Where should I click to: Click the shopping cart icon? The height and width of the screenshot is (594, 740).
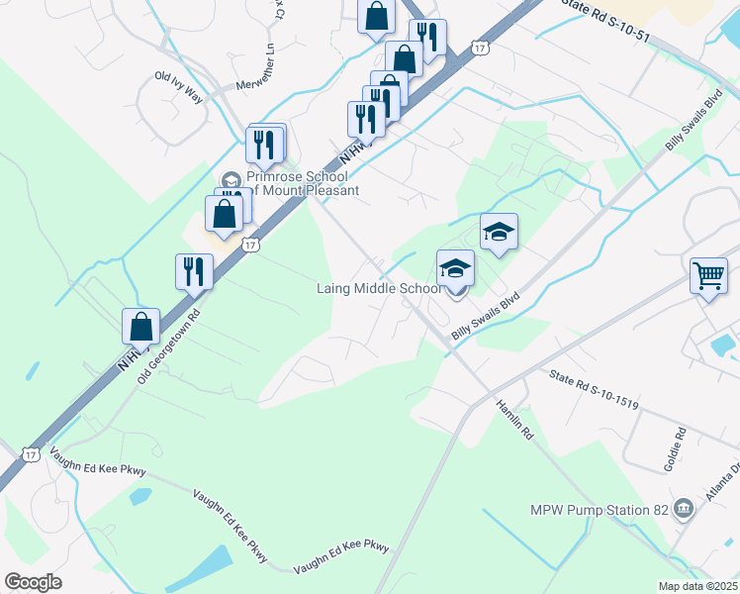[x=708, y=275]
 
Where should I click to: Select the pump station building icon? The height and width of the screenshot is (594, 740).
[x=683, y=510]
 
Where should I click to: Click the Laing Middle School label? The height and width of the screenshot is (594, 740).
[x=378, y=289]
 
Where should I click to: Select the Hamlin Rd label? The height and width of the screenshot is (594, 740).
[x=515, y=419]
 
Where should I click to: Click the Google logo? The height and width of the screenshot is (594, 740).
[x=33, y=582]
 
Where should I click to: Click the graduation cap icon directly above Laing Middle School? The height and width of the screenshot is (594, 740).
[x=455, y=267]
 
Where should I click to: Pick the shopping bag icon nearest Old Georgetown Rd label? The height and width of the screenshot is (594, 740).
[x=141, y=326]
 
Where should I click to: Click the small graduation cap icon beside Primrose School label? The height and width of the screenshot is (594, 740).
[x=231, y=179]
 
